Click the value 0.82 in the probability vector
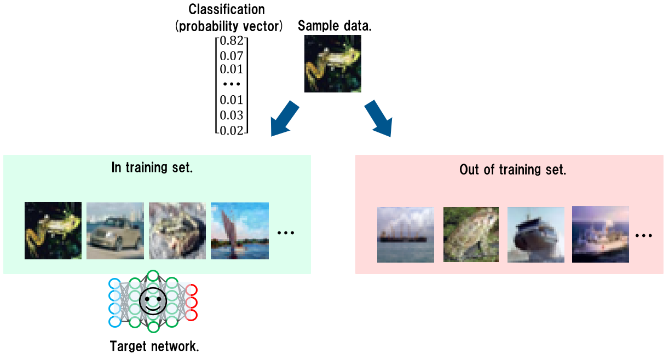[231, 40]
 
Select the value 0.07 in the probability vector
[231, 55]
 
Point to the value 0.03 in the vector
[231, 115]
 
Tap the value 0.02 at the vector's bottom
[231, 130]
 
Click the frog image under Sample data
[333, 63]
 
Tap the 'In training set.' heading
[152, 167]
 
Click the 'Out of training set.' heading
[512, 169]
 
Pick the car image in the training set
[115, 230]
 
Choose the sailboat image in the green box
[240, 230]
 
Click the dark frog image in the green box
[53, 230]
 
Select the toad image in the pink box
[471, 234]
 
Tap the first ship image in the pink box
[406, 234]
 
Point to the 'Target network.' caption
[154, 346]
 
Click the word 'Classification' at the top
[226, 9]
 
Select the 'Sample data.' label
[334, 25]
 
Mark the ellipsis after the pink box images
[643, 235]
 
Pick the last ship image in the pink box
[601, 234]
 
